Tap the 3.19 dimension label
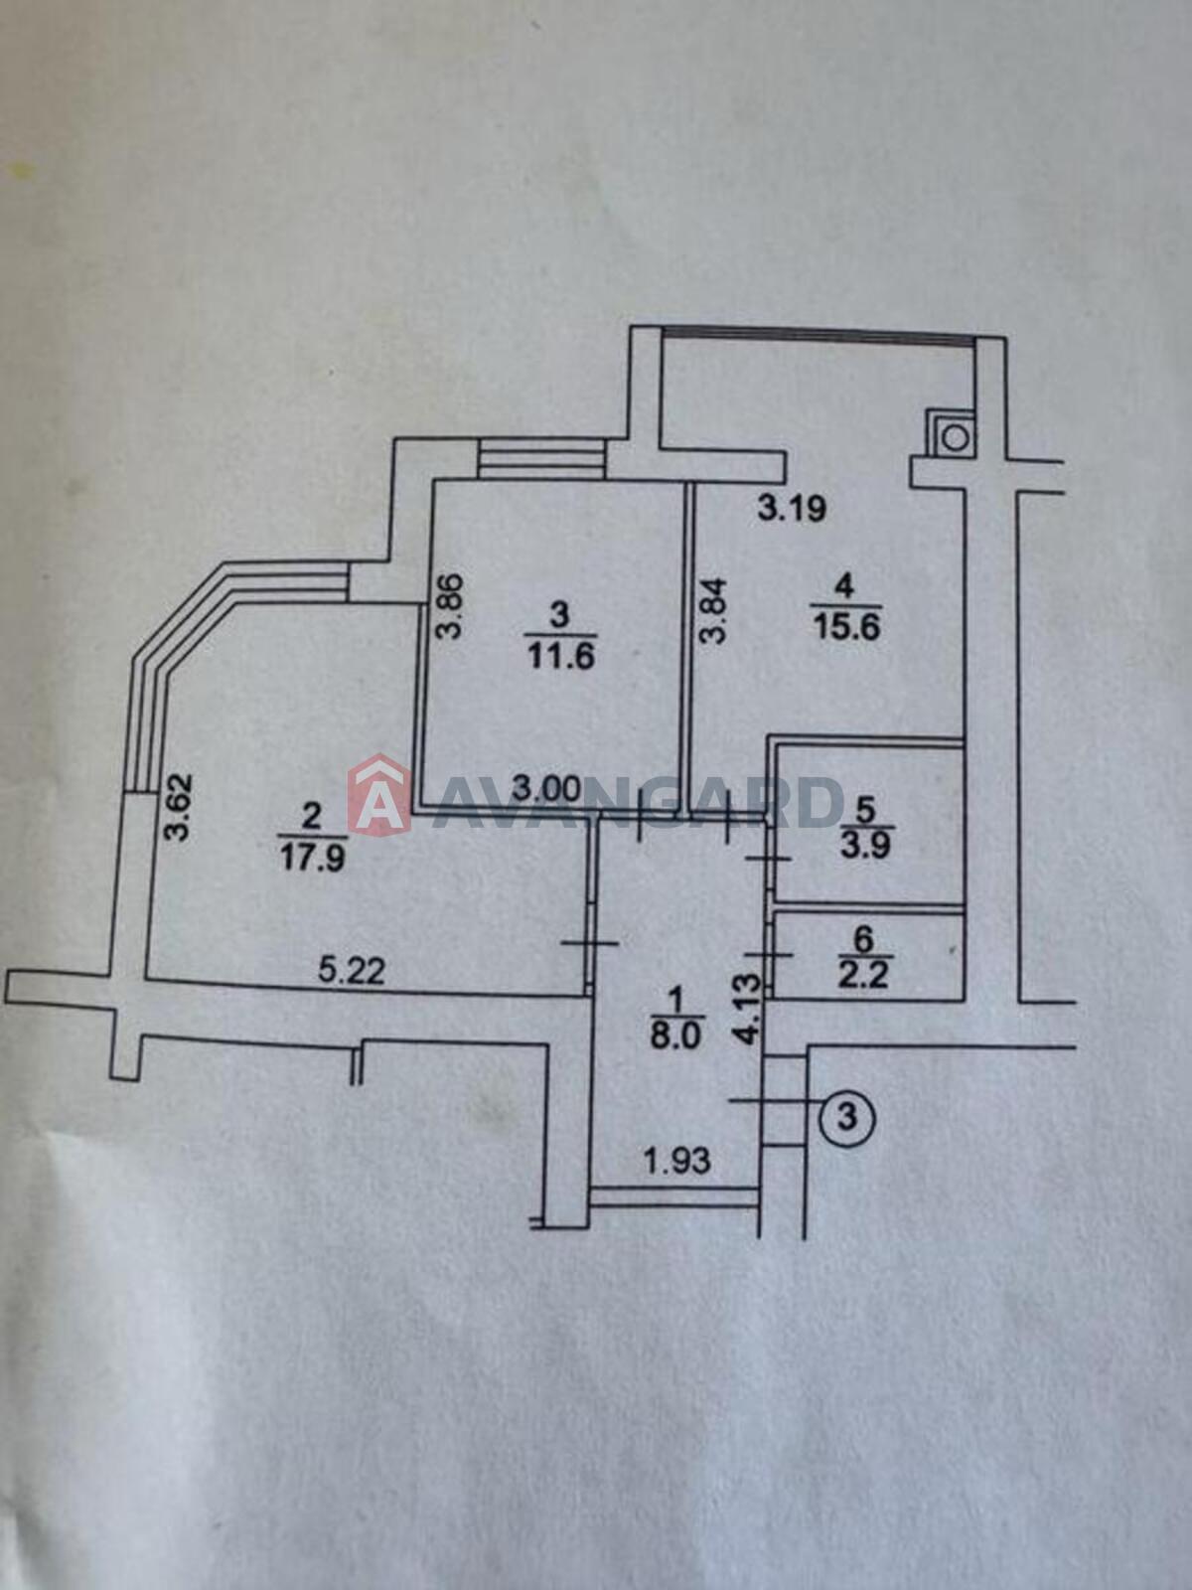pyautogui.click(x=792, y=509)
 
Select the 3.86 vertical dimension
pyautogui.click(x=450, y=605)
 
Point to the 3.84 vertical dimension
pyautogui.click(x=713, y=610)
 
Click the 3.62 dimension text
pyautogui.click(x=178, y=807)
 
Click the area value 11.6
pyautogui.click(x=561, y=658)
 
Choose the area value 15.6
pyautogui.click(x=845, y=628)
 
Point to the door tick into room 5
pyautogui.click(x=769, y=860)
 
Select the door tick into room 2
pyautogui.click(x=591, y=942)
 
